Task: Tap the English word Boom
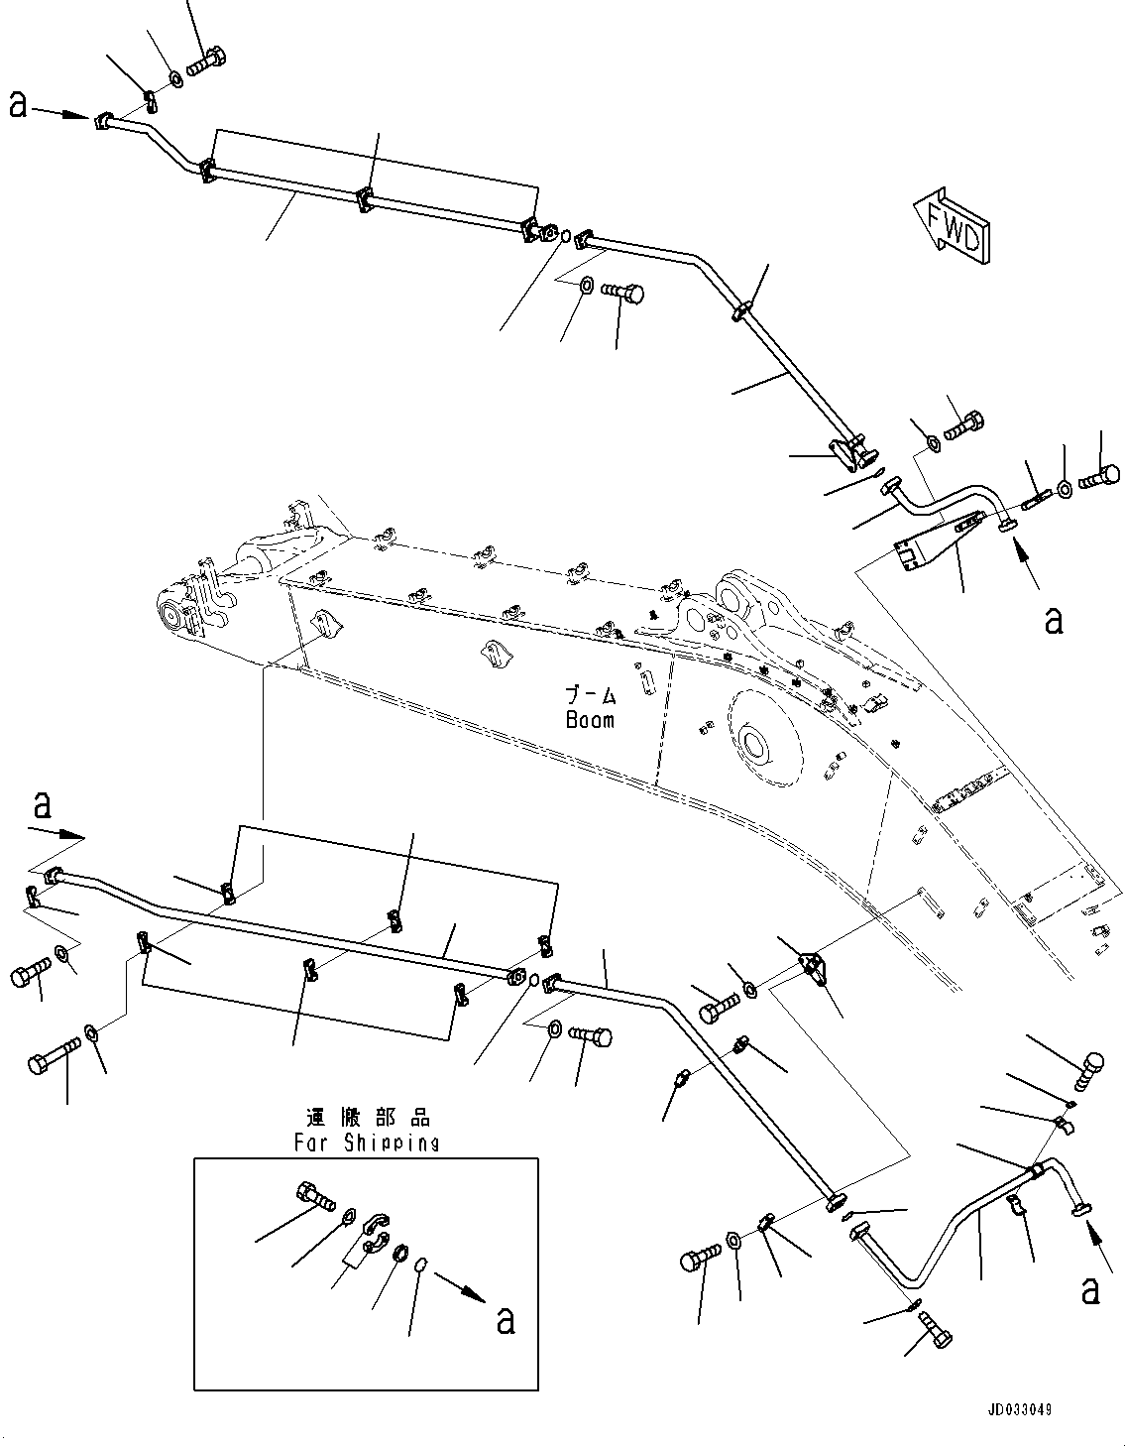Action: pyautogui.click(x=591, y=720)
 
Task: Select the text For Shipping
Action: pyautogui.click(x=367, y=1143)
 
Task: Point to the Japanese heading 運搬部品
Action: pyautogui.click(x=368, y=1119)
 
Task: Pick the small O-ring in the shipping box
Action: pyautogui.click(x=420, y=1265)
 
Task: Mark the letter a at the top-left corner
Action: pyautogui.click(x=18, y=104)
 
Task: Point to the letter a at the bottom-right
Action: pyautogui.click(x=1090, y=1289)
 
